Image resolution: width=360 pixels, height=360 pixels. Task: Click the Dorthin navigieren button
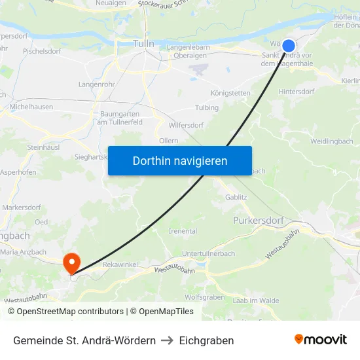pyautogui.click(x=179, y=160)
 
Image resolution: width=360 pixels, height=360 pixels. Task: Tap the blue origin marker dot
pyautogui.click(x=289, y=46)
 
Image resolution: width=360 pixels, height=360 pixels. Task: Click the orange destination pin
pyautogui.click(x=71, y=263)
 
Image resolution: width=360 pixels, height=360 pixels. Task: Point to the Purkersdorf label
pyautogui.click(x=259, y=221)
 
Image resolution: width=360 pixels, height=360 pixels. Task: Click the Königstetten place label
pyautogui.click(x=230, y=93)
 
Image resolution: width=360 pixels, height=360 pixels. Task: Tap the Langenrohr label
pyautogui.click(x=96, y=84)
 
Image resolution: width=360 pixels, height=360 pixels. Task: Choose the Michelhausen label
pyautogui.click(x=32, y=107)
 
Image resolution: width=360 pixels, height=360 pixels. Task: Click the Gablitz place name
pyautogui.click(x=236, y=196)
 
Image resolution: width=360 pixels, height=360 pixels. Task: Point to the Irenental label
pyautogui.click(x=183, y=231)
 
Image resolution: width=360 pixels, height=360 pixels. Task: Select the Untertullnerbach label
pyautogui.click(x=208, y=253)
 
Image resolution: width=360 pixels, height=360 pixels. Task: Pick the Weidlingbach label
pyautogui.click(x=331, y=141)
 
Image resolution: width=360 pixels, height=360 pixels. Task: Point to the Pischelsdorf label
pyautogui.click(x=42, y=50)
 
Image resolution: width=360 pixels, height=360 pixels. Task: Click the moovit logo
pyautogui.click(x=321, y=340)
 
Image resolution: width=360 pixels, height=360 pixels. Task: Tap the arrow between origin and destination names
pyautogui.click(x=167, y=340)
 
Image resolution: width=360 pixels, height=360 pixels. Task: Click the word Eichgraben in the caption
pyautogui.click(x=206, y=340)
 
